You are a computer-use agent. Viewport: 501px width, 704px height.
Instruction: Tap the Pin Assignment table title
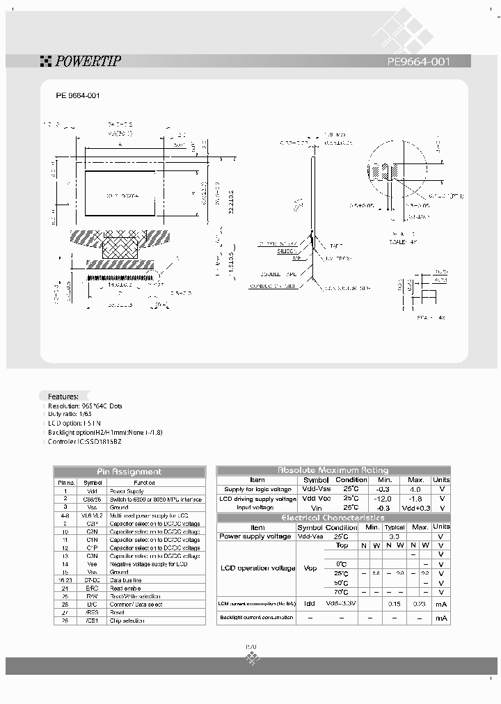[x=129, y=472]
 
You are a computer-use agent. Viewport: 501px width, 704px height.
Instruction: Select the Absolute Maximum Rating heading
[x=333, y=470]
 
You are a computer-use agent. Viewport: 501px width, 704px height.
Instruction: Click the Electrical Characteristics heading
[x=333, y=518]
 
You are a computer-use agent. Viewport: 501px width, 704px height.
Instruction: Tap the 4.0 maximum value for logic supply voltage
[x=415, y=490]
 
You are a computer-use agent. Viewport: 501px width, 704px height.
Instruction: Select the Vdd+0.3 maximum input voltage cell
[x=415, y=508]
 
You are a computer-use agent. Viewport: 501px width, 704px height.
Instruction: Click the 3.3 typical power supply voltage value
[x=395, y=536]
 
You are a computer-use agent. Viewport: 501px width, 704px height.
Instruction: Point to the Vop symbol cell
[x=310, y=568]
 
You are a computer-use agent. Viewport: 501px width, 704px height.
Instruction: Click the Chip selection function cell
[x=130, y=621]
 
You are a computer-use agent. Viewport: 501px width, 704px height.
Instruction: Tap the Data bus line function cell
[x=128, y=580]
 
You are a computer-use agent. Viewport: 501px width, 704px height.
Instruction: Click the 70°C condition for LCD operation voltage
[x=341, y=591]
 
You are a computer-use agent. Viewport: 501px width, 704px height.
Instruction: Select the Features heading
[x=63, y=396]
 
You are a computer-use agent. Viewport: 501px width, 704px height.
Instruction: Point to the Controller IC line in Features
[x=85, y=441]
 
